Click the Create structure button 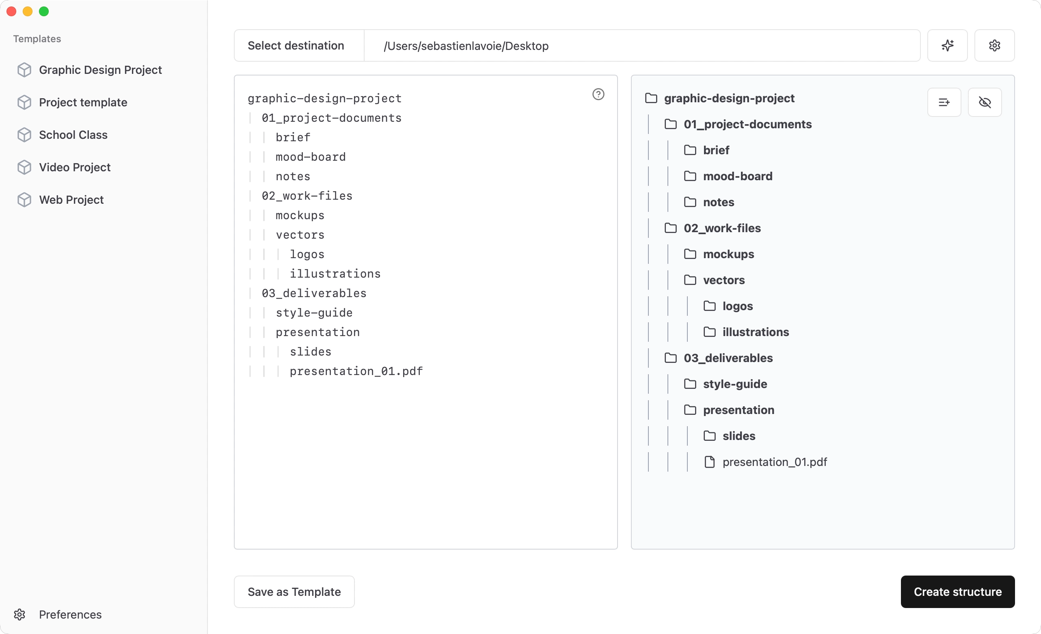[x=957, y=591]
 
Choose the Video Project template [x=64, y=167]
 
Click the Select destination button [x=296, y=45]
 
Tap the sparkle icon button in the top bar [x=947, y=45]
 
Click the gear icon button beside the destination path [x=995, y=45]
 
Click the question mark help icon [x=598, y=94]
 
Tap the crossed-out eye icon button [x=985, y=102]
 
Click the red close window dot [x=11, y=11]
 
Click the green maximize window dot [x=44, y=11]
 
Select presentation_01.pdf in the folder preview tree [x=766, y=462]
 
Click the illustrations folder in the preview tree [x=746, y=332]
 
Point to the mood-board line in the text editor [x=311, y=157]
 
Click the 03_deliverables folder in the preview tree [x=719, y=358]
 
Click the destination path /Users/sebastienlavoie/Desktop [x=466, y=45]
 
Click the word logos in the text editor [x=307, y=254]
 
